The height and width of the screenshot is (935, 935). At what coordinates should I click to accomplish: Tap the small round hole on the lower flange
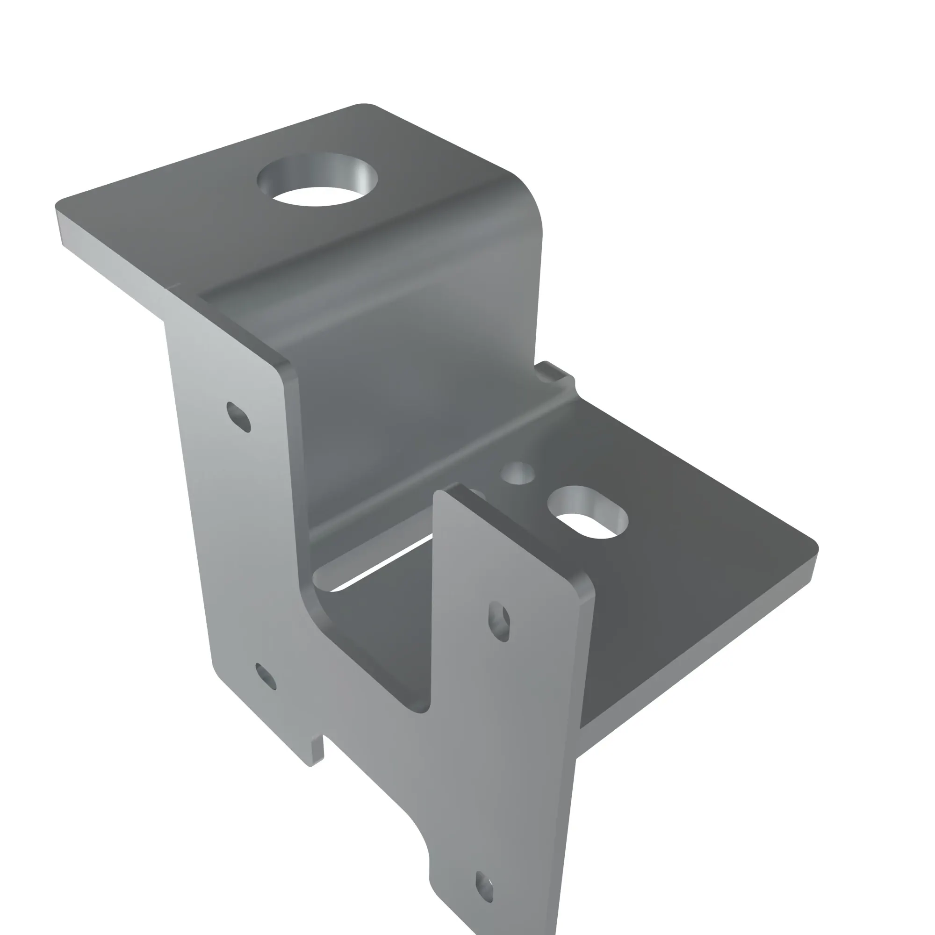518,473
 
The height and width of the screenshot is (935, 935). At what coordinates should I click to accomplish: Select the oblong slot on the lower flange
588,513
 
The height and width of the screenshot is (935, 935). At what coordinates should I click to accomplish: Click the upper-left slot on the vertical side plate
238,417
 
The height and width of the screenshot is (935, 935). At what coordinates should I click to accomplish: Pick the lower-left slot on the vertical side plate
266,676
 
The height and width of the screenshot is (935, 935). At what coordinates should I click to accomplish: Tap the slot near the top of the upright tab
499,621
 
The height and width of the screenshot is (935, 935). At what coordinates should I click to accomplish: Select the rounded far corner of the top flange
366,105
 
